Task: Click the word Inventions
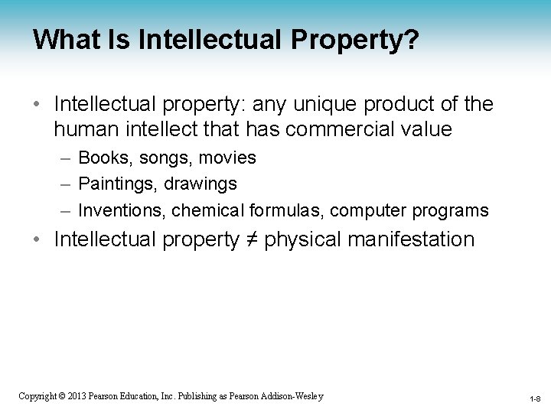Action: pyautogui.click(x=122, y=210)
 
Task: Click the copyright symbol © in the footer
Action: pyautogui.click(x=64, y=396)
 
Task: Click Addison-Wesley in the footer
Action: pyautogui.click(x=293, y=396)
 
